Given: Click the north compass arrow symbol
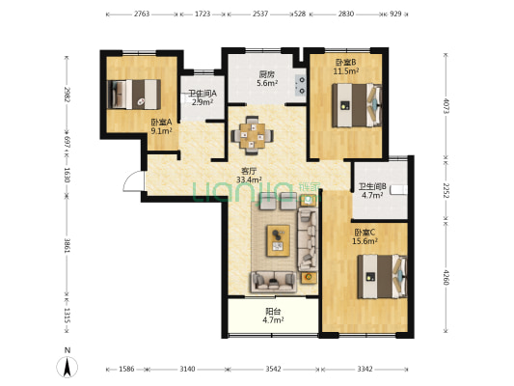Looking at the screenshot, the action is click(x=68, y=367).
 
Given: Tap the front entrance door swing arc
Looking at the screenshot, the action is click(x=128, y=178).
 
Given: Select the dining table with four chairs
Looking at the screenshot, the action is click(x=252, y=135).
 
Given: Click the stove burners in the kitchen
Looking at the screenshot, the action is click(x=301, y=85).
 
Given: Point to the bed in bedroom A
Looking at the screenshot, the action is click(x=134, y=95).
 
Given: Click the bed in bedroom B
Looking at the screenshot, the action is click(x=357, y=105).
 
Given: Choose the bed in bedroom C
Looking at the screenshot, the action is click(x=382, y=277).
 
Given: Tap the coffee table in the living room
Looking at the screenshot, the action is click(x=278, y=240).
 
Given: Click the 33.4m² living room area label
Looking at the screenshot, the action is click(x=249, y=179).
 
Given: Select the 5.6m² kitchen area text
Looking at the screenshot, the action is click(x=267, y=83).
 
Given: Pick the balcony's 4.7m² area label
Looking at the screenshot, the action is click(x=273, y=319).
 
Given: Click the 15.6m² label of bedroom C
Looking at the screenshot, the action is click(x=365, y=241).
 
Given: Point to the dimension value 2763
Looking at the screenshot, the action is click(x=142, y=14).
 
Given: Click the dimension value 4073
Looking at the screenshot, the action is click(x=446, y=106).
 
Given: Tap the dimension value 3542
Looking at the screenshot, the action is click(x=273, y=369).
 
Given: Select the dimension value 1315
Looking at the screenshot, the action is click(x=67, y=316).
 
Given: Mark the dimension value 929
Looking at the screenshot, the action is click(x=395, y=14).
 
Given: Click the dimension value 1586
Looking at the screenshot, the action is click(x=126, y=369).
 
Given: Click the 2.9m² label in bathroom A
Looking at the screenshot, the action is click(x=203, y=102).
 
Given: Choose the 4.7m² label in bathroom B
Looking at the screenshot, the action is click(x=372, y=195).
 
